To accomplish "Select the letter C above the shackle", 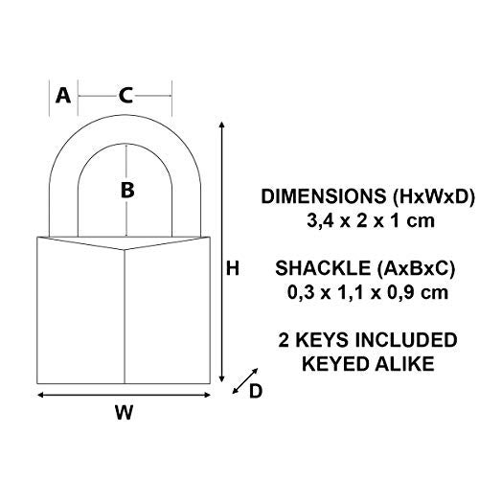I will [x=125, y=95].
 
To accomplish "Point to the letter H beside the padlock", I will [x=232, y=270].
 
